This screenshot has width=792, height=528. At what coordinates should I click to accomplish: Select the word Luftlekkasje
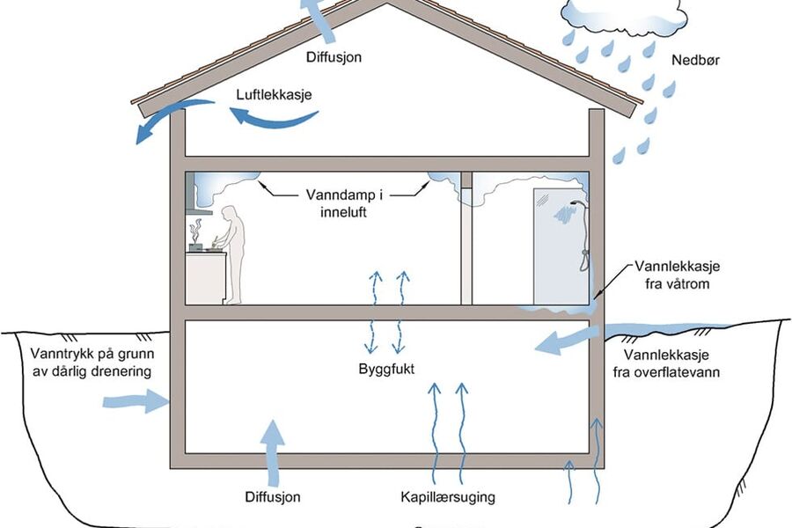point(275,93)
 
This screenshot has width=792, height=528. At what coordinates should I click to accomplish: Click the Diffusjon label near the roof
point(334,57)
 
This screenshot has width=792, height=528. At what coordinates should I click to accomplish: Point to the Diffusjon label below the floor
point(273,497)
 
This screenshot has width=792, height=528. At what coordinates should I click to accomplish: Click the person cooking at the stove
point(233,252)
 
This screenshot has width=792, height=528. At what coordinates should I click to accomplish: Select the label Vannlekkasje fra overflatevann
point(674,363)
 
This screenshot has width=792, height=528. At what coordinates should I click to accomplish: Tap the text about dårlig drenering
point(84,362)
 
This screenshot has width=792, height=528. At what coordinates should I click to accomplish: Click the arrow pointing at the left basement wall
point(135,402)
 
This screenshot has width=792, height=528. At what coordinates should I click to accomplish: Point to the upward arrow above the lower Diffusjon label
point(274,449)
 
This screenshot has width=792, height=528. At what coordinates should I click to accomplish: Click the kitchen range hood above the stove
point(200,209)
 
